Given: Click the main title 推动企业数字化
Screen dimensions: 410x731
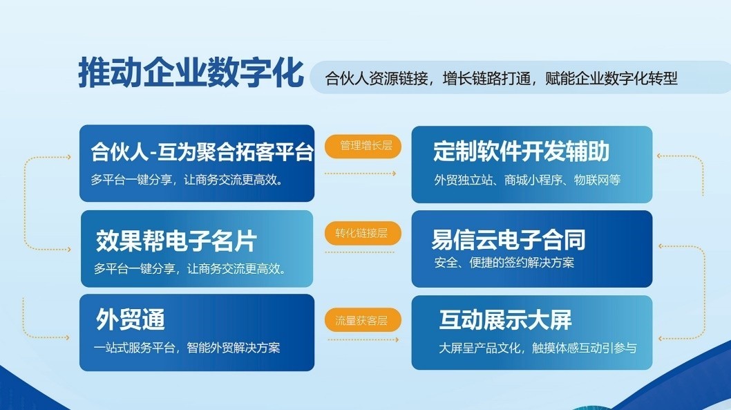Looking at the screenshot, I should coord(191,73).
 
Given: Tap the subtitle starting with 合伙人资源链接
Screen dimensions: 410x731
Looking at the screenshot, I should coord(501,78).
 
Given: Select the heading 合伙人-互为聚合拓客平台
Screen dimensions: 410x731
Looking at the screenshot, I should coord(202,151).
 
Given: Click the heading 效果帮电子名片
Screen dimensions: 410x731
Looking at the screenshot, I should coord(176,241).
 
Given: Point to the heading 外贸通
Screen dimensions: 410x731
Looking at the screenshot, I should coord(130,320).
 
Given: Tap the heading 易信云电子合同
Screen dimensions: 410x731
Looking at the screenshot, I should coord(508,239).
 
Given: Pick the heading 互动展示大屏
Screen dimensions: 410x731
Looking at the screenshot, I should coord(505,320).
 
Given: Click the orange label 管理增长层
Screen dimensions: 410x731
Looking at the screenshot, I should coord(363,145).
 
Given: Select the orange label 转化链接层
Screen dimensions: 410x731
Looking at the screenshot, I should coord(363,233).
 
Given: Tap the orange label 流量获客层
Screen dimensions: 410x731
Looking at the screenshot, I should coord(363,320).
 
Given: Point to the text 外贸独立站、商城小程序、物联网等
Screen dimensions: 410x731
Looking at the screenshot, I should coord(527,180).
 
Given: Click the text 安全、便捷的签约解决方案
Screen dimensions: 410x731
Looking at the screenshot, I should coord(504,263).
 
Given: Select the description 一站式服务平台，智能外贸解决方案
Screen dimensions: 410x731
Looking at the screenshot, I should coord(187,347).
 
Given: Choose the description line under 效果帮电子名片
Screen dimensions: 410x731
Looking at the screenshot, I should coord(190,268).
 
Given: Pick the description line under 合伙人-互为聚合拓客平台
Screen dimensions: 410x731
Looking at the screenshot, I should coord(190,180).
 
